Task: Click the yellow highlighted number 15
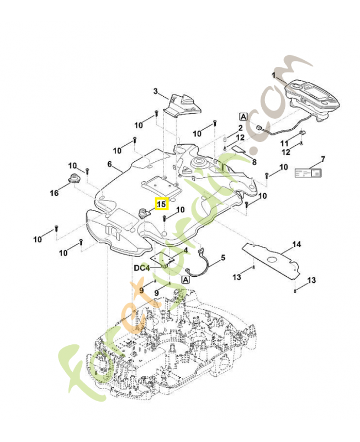[161, 204]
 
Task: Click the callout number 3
[156, 91]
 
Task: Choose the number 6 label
[109, 164]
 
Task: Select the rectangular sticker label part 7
[306, 173]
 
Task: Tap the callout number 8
[254, 162]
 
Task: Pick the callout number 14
[297, 244]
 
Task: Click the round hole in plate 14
[272, 261]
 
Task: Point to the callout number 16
[54, 193]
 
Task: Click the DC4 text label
[141, 267]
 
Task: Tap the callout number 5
[223, 257]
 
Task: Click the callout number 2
[240, 128]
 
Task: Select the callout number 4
[186, 250]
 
